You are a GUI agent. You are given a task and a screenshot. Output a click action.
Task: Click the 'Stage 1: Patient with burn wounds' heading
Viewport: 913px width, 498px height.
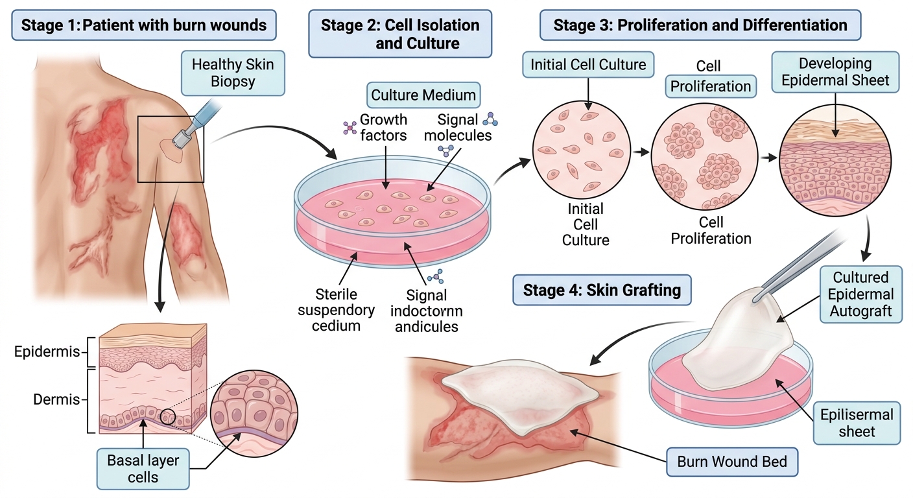point(144,25)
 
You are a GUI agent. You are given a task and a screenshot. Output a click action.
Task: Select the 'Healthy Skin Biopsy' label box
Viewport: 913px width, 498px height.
point(233,73)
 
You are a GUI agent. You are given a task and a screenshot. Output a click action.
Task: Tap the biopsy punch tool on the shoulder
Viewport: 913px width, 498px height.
point(191,124)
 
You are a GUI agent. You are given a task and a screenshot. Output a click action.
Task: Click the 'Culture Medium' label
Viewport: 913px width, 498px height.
point(423,95)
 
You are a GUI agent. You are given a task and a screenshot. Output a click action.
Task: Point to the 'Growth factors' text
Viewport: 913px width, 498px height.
point(383,127)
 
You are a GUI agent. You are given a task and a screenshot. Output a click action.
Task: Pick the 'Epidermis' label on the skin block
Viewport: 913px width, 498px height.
point(47,351)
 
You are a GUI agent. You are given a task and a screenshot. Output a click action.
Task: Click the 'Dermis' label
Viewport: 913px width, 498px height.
point(56,399)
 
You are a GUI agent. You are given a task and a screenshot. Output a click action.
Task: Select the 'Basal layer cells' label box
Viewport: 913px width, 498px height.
point(143,469)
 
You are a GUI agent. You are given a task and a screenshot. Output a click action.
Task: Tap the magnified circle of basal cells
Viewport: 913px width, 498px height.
point(254,413)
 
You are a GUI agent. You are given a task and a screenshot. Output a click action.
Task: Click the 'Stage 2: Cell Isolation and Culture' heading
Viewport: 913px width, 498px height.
point(400,34)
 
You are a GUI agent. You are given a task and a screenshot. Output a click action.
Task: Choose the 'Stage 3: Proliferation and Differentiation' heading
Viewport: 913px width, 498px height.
point(700,25)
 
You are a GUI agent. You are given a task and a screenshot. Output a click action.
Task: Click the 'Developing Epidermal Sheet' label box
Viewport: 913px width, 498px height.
point(835,72)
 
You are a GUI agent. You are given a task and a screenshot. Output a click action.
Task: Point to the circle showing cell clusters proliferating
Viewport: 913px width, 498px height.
point(704,156)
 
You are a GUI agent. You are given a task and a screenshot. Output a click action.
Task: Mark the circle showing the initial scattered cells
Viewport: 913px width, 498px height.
point(582,150)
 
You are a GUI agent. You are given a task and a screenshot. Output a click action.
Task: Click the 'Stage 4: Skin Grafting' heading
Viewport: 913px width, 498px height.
point(602,290)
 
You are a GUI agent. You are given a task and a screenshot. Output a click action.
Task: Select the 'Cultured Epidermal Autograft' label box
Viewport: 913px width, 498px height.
point(861,294)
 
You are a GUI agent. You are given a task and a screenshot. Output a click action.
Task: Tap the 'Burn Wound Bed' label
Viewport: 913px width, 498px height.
point(732,462)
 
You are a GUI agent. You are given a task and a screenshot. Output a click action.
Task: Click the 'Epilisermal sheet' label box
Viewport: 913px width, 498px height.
point(857,423)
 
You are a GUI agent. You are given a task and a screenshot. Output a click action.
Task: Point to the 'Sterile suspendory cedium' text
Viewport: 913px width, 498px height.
point(337,310)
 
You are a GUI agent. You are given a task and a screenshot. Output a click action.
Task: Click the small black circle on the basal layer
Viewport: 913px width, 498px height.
point(167,418)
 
